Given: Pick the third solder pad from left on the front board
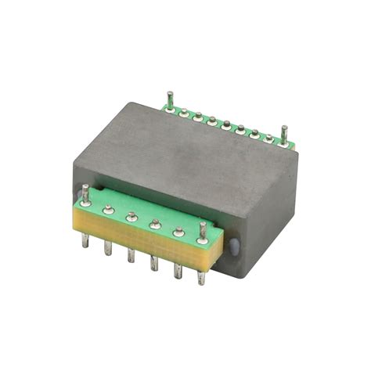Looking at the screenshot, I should click(131, 217).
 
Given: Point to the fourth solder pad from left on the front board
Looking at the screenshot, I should click(155, 224).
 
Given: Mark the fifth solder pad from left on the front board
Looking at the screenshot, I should click(178, 231).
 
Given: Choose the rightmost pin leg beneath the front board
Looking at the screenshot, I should click(201, 274).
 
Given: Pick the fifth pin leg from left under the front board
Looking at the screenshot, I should click(178, 269).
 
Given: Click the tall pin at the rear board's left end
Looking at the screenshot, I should click(168, 99).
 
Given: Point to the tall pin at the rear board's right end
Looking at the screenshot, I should click(284, 132).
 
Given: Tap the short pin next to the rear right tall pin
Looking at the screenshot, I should click(269, 139).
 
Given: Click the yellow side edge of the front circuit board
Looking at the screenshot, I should click(141, 239).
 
